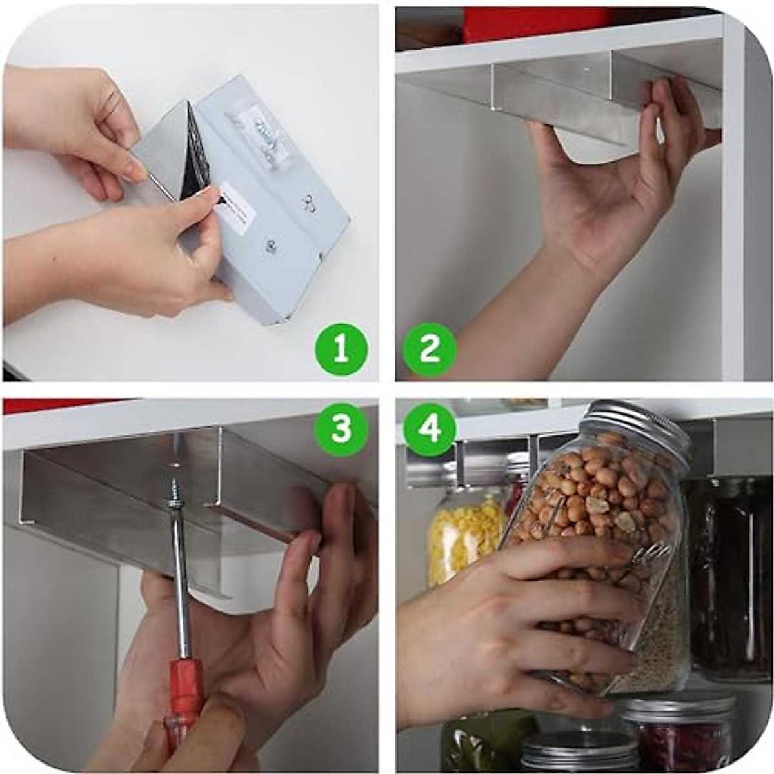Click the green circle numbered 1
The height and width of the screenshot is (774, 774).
(341, 350)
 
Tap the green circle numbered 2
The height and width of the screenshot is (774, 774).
(430, 350)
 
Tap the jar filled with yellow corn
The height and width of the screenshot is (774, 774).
(463, 535)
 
